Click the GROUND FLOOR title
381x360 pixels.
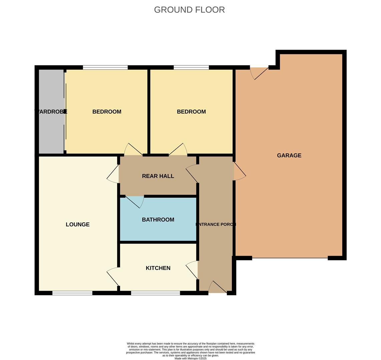coord(189,10)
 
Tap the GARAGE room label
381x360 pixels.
coord(289,155)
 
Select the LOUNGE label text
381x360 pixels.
coord(77,224)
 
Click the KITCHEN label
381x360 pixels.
coord(158,268)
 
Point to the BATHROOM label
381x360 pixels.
coord(158,220)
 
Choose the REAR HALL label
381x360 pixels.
coord(158,176)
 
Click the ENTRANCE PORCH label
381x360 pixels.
coord(216,224)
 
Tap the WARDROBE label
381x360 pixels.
coord(51,112)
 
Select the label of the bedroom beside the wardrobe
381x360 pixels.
coord(107,112)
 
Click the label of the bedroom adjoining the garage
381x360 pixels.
coord(191,112)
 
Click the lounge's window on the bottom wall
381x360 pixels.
coord(72,293)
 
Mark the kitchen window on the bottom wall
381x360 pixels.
coord(155,293)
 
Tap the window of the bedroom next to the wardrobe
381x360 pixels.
coord(105,67)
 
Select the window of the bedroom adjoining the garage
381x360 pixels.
coord(191,67)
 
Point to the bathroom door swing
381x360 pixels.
coord(135,201)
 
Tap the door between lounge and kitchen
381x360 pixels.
coord(113,276)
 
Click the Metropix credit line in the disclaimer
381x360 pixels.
coord(190,358)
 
